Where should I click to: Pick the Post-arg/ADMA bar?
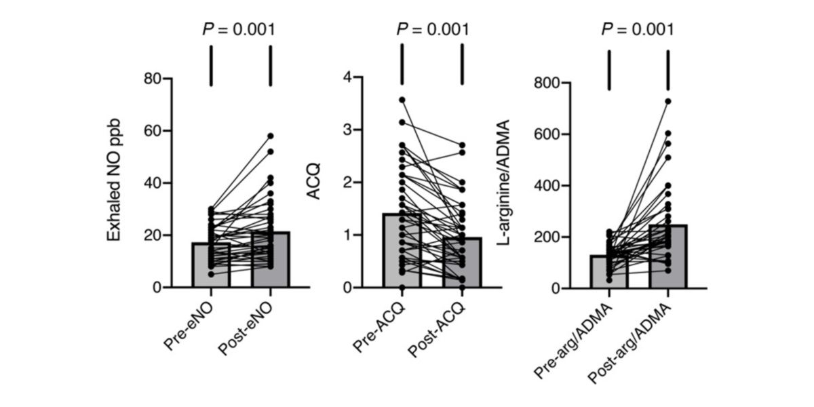tap(668, 271)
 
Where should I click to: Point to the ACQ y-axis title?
tap(315, 183)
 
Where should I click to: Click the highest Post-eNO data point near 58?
tap(271, 136)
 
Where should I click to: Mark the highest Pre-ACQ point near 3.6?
tap(402, 100)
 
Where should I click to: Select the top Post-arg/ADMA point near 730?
tap(668, 101)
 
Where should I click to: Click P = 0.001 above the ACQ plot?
tap(432, 29)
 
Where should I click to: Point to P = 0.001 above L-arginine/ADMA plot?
tap(638, 29)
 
